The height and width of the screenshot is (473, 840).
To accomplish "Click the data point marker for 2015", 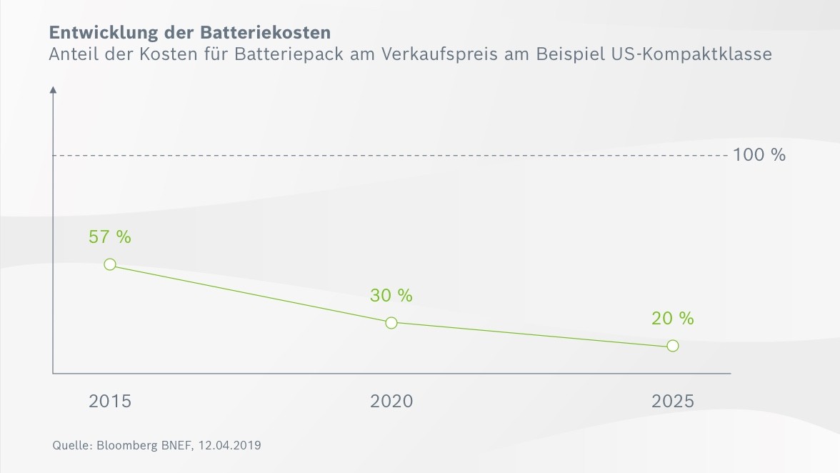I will coord(110,264).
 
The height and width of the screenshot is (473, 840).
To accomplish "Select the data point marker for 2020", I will coord(391,323).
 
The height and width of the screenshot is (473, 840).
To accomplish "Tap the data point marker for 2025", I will coord(672,346).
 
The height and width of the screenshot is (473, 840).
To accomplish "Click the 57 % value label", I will coord(110,237).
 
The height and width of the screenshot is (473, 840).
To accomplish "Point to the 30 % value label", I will coord(391,295).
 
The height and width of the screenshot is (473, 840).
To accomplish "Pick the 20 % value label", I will coord(672,319).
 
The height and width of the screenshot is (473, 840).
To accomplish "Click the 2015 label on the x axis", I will coord(110,402).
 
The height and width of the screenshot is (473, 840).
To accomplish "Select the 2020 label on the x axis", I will coord(391,402).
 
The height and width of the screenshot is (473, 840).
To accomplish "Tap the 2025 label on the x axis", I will coord(672,402).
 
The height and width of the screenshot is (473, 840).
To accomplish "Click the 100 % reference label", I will coord(759,155).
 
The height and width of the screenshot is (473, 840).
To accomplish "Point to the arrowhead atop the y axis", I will coord(53,90).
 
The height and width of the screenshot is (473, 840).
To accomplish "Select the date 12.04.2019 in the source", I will coord(229,446).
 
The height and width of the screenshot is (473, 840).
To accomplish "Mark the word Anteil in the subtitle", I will coord(71,54).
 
